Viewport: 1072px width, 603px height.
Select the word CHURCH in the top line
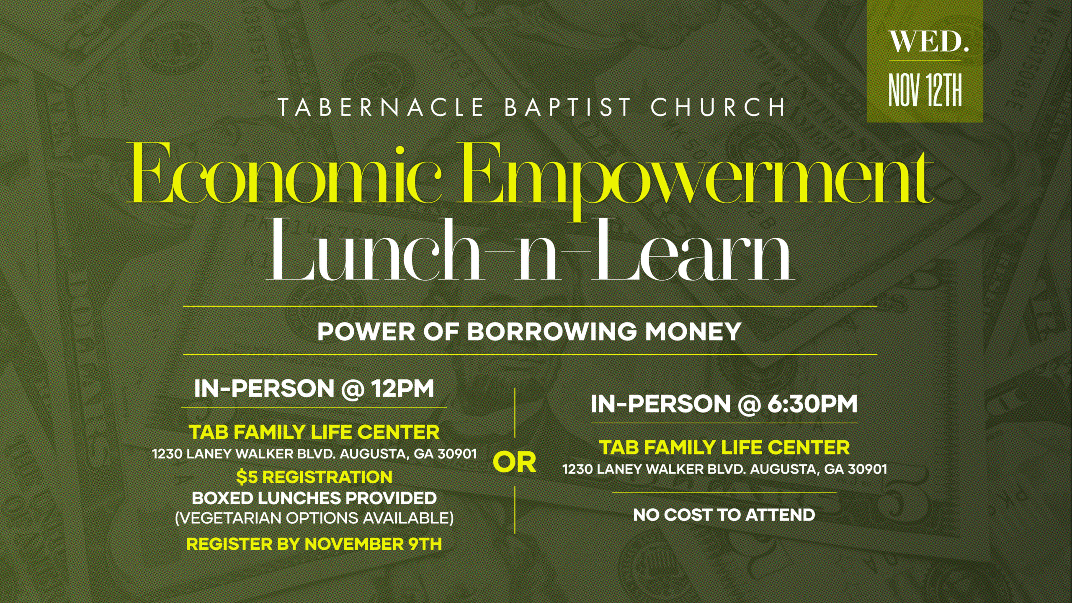pos(718,108)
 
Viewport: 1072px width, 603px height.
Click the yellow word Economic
pos(286,174)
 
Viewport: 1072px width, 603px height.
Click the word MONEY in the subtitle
pos(693,332)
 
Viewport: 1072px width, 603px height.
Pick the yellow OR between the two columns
pos(515,462)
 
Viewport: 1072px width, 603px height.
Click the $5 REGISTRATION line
pos(314,477)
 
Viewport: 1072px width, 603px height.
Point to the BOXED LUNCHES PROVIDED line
pos(314,498)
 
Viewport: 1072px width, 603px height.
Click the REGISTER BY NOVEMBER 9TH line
pos(314,544)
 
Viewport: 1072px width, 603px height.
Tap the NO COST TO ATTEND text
pos(724,515)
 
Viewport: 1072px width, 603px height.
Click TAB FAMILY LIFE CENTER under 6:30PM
pos(724,447)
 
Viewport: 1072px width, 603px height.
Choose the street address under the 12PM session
pos(314,454)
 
